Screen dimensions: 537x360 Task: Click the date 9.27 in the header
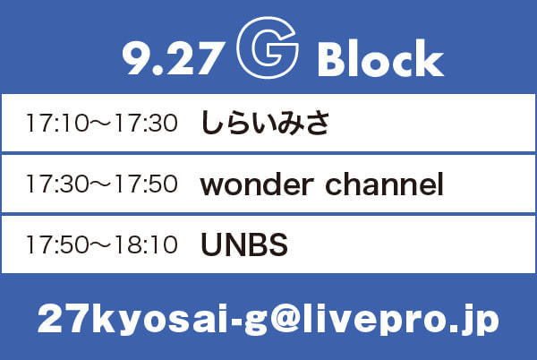(174, 58)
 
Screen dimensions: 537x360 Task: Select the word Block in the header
(381, 58)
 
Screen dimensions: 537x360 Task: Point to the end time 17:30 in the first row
(146, 123)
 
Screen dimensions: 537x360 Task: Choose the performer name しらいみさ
(265, 123)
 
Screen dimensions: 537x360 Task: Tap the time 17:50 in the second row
(146, 184)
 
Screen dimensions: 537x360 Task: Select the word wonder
(257, 184)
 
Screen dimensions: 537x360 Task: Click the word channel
(384, 184)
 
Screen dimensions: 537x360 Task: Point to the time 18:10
(146, 244)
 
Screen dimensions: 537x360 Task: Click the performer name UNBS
(244, 244)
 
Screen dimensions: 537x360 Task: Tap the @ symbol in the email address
(286, 319)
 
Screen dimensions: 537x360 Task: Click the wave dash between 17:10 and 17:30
(101, 123)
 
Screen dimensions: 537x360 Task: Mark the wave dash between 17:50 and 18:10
(101, 244)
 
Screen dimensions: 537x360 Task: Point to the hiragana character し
(209, 123)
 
